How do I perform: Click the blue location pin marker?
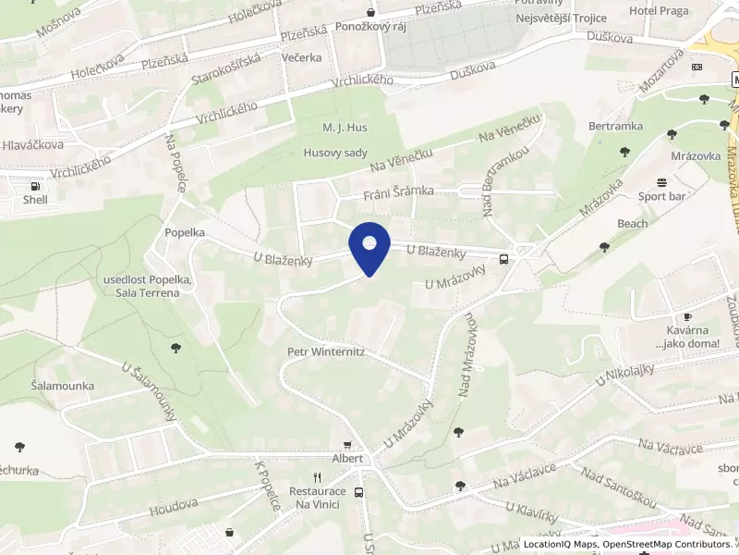point(369,246)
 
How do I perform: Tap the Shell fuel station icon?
point(35,185)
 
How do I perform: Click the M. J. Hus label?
point(339,127)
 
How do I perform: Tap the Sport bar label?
point(660,196)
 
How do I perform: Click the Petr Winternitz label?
point(326,351)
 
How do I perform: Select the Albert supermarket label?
point(348,459)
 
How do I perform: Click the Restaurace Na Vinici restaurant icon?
point(317,477)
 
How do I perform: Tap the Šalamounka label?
point(63,385)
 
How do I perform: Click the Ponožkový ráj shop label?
point(370,26)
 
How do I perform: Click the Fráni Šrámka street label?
point(398,191)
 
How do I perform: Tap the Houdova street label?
point(173,504)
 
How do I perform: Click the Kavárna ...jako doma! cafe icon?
point(686,316)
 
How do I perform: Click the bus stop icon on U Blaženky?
point(503,259)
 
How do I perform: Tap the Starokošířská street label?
point(227,71)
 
